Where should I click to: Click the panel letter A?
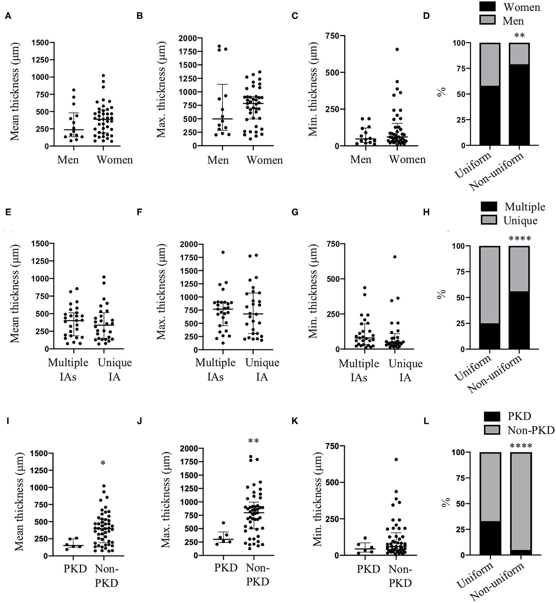coord(8,16)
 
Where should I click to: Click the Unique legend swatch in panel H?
coord(489,220)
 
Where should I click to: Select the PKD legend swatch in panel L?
coord(491,416)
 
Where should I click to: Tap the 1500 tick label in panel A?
coord(40,43)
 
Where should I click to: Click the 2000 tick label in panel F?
coord(188,244)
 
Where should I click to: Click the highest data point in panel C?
coord(397,49)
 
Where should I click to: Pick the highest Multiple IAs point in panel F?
coord(223,252)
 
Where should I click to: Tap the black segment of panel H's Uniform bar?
coord(489,336)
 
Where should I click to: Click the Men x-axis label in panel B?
coord(218,160)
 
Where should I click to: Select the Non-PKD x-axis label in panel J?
coord(257,575)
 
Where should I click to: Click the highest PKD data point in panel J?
coord(223,523)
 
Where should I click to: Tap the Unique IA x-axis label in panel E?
coord(115,369)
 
